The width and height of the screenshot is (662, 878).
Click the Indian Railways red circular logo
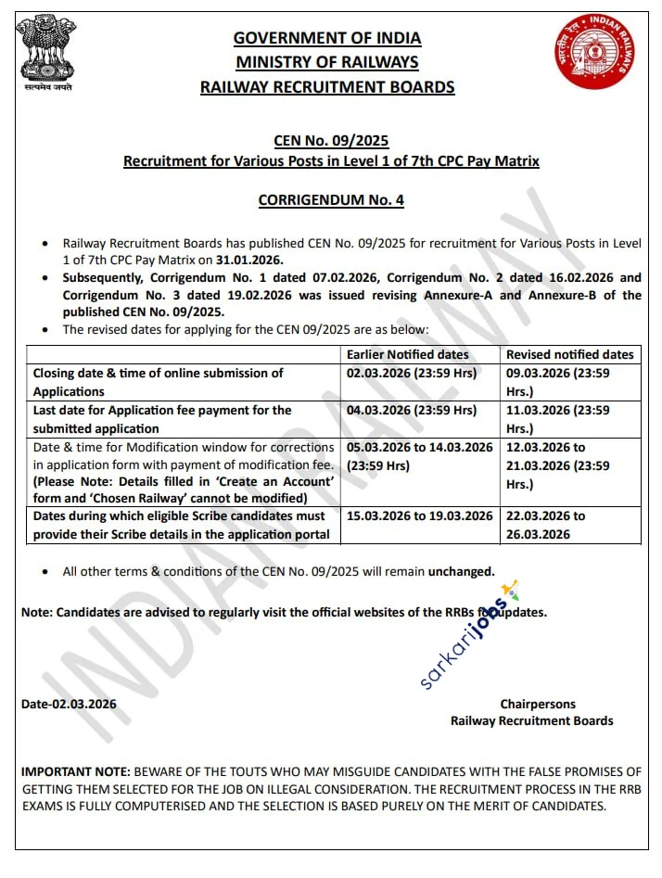(x=595, y=52)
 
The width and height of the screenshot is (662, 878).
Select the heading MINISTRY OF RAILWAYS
(x=327, y=62)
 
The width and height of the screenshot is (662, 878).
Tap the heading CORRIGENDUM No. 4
(x=330, y=199)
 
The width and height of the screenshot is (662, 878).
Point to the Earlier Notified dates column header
(x=407, y=354)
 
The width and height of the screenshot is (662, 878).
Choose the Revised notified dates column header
(x=569, y=354)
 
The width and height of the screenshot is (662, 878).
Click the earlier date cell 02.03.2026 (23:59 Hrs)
(x=412, y=373)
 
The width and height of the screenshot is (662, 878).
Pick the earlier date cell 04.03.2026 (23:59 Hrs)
(x=412, y=410)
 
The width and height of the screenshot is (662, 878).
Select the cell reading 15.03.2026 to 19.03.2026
(x=419, y=515)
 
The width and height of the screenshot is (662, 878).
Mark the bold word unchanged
(x=461, y=571)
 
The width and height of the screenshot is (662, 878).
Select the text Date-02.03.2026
(x=69, y=704)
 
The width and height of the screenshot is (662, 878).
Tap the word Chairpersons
(x=538, y=705)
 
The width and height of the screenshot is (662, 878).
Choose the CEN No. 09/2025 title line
(x=331, y=141)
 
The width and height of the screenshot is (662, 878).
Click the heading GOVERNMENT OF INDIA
(x=327, y=38)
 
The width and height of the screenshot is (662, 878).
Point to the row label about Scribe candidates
(x=180, y=525)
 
